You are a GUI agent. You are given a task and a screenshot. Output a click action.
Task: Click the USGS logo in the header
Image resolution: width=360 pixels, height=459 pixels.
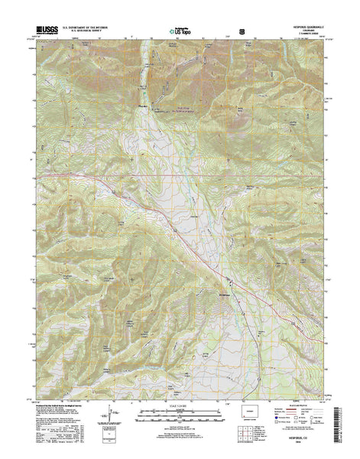[46, 31]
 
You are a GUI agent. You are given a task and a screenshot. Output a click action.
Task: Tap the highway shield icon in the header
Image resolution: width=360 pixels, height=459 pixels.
[242, 32]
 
